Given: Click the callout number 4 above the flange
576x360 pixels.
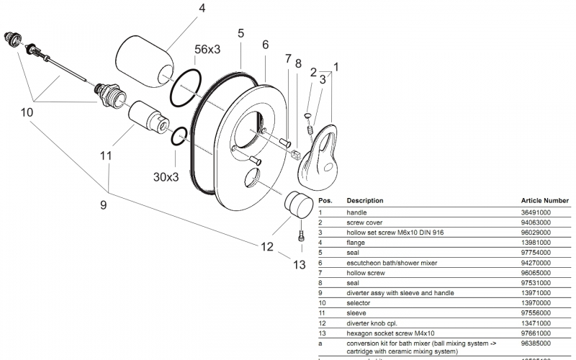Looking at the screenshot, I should [x=202, y=9].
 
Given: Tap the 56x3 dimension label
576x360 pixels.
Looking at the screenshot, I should [x=209, y=50].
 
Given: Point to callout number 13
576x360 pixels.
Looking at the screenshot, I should [x=300, y=264].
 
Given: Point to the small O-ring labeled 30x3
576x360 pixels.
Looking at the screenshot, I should [x=180, y=135].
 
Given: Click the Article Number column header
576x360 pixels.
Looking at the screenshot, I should [x=545, y=200].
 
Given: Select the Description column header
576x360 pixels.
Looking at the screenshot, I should [x=365, y=200].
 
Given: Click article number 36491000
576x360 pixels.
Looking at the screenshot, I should [x=536, y=213].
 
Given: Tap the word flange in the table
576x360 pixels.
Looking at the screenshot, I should [x=356, y=243].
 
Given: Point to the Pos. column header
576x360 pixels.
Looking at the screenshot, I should [x=325, y=200].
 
